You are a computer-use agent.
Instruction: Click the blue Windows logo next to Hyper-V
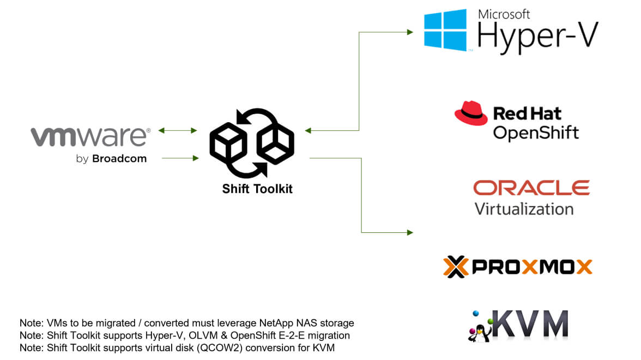(446, 30)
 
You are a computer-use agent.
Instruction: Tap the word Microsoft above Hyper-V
(504, 14)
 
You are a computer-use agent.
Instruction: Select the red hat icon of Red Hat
(470, 113)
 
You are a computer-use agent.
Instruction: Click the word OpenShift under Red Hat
(535, 133)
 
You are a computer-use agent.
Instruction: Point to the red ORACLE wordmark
(531, 188)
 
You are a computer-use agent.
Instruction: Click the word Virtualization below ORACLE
(524, 209)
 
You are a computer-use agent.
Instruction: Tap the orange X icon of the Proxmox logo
(456, 267)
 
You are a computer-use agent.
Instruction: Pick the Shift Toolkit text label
(257, 189)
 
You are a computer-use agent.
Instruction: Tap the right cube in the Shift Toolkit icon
(275, 143)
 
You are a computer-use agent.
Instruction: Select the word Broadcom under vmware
(119, 159)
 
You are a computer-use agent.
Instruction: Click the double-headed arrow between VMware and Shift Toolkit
(178, 130)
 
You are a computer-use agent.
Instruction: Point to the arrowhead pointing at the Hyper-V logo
(410, 32)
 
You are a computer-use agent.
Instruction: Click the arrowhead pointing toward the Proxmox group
(410, 232)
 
